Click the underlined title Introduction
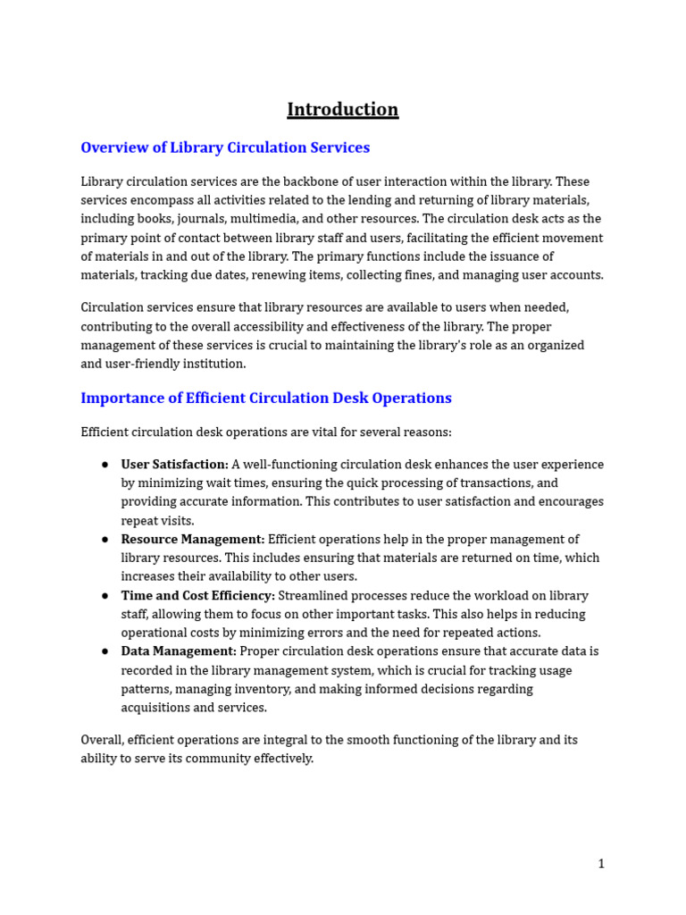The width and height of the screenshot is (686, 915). coord(342,110)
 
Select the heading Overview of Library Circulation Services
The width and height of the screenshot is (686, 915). coord(225,147)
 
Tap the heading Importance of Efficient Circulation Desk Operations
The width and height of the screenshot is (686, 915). coord(266,399)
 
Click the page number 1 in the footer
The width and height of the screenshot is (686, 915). coord(601,863)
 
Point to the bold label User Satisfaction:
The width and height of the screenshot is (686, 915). coord(175,465)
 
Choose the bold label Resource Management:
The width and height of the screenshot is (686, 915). coord(193,540)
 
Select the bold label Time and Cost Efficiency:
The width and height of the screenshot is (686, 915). coord(197,596)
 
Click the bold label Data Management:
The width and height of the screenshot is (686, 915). coord(179,651)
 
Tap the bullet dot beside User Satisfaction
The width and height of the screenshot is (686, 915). coord(105,465)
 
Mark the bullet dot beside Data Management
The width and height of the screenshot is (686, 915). coord(105,651)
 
